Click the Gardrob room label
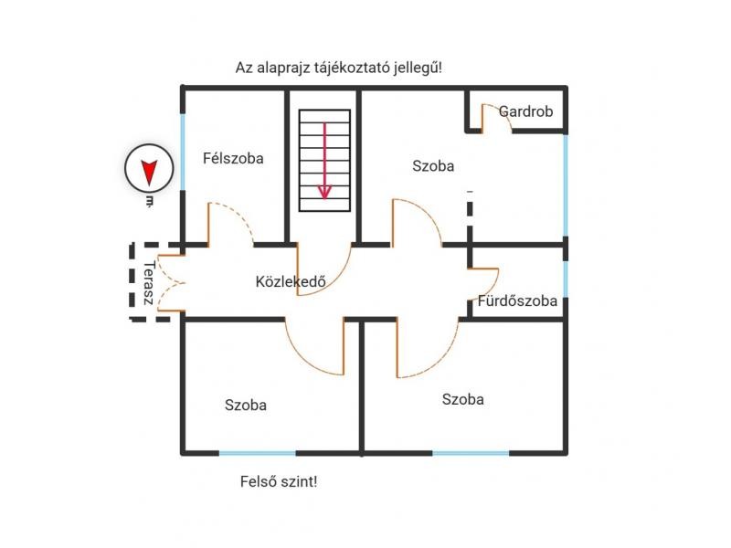coord(525,111)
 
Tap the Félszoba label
coord(233,158)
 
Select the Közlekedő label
coord(291,281)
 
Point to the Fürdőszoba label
coord(517,300)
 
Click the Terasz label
coord(148,283)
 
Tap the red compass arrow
coord(149,173)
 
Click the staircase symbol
coord(324,161)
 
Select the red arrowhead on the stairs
coord(324,192)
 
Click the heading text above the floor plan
coord(338,68)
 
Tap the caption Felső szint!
coord(279,481)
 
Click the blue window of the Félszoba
coord(183,152)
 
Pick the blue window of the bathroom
coord(566,279)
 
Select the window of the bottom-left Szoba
coord(258,453)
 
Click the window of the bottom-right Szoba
coord(471,453)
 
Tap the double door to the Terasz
coord(170,283)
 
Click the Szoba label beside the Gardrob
coord(433,166)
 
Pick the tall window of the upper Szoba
coord(566,185)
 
